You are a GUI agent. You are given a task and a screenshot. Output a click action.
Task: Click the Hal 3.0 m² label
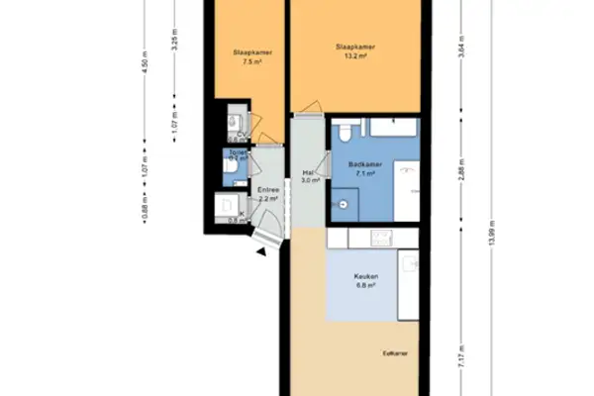click(x=308, y=177)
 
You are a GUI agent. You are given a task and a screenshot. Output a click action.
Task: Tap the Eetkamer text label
click(x=395, y=352)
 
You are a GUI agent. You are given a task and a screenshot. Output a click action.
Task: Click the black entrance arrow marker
click(x=260, y=252)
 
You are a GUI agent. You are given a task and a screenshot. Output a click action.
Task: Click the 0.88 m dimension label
click(x=144, y=212)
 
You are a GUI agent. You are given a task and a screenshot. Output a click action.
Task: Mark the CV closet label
click(x=242, y=136)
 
